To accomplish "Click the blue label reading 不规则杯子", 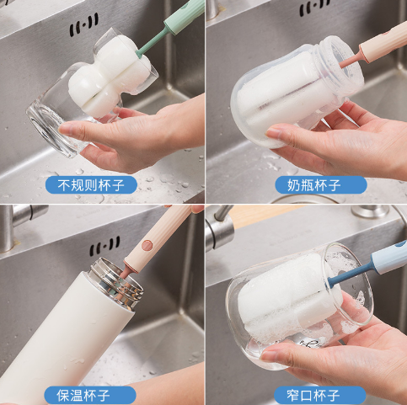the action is (x=91, y=185).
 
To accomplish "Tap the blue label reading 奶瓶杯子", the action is (x=321, y=185).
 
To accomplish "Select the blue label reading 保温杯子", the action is (x=90, y=395).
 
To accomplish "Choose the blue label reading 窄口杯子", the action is (x=320, y=395).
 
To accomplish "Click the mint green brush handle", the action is (x=184, y=16).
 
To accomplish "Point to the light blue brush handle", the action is (x=389, y=258).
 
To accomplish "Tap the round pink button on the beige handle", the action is (x=147, y=245).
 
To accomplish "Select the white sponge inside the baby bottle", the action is (x=284, y=93).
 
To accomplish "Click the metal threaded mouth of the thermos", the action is (x=115, y=284).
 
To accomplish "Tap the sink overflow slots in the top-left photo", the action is (x=84, y=24).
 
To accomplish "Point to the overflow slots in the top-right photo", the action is (x=315, y=8).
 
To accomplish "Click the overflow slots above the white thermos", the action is (x=104, y=246).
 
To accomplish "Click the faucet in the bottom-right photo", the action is (x=220, y=227).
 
